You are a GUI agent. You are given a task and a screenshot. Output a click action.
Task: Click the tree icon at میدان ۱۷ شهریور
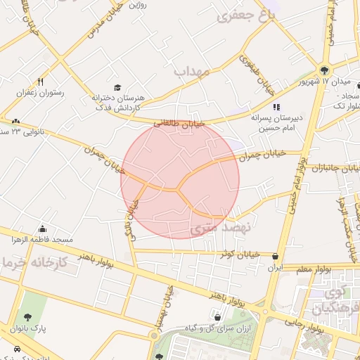tap(324, 70)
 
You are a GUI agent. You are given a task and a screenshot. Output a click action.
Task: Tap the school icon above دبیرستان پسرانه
tap(276, 107)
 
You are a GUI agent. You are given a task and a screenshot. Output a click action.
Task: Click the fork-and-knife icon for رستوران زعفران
tap(41, 82)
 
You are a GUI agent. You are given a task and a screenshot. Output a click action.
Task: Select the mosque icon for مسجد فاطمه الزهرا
tap(43, 229)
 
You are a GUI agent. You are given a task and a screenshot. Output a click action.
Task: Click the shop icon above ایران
tap(274, 257)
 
